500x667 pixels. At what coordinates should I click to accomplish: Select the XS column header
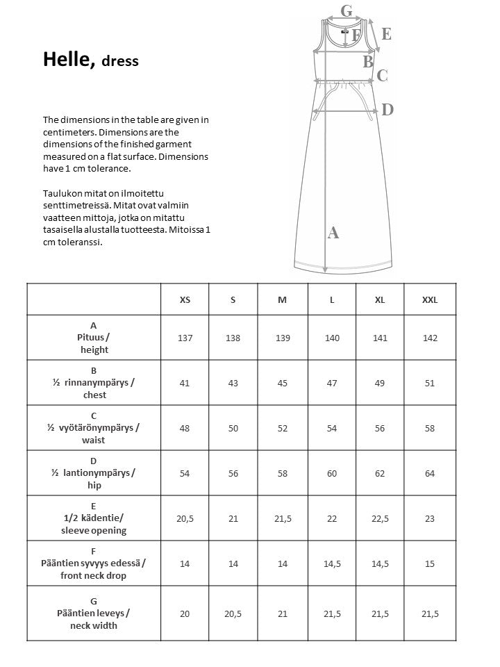[185, 299]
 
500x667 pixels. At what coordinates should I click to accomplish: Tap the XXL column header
[430, 299]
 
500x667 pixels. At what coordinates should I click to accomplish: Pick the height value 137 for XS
[185, 338]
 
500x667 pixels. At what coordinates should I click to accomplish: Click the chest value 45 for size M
[282, 383]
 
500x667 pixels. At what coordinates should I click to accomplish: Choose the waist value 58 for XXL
[430, 428]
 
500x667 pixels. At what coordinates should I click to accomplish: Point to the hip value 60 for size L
[332, 473]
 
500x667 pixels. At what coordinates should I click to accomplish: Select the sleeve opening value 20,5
[185, 518]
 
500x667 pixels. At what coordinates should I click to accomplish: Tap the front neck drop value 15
[430, 563]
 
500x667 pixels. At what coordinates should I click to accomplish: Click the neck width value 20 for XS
[185, 614]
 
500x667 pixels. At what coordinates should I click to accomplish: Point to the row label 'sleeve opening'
[94, 531]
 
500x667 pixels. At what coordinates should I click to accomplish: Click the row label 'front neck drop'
[94, 576]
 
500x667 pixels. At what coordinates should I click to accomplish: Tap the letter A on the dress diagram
[333, 233]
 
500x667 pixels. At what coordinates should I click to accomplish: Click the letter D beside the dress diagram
[387, 109]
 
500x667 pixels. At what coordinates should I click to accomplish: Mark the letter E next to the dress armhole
[386, 33]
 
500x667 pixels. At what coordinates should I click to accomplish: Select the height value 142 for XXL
[430, 338]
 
